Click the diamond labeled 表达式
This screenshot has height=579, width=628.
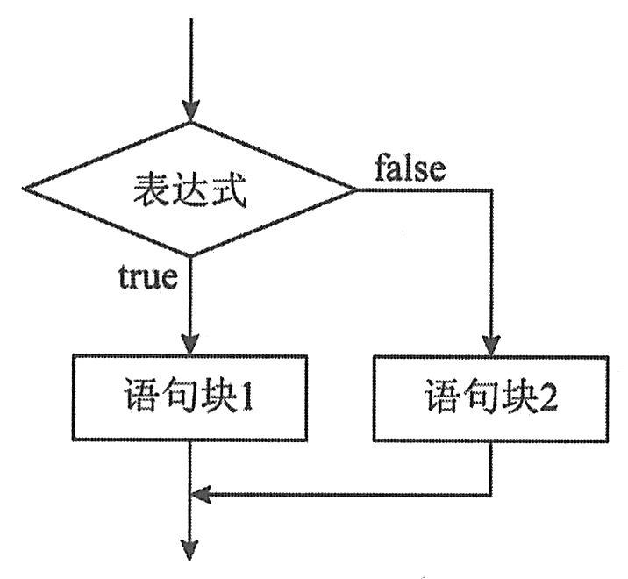pos(189,189)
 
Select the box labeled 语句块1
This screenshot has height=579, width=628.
pos(189,398)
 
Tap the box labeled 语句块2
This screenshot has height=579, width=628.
pos(489,398)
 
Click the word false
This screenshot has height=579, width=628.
pos(410,168)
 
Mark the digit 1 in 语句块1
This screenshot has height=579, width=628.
pos(247,399)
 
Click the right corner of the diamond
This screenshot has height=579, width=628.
pos(354,189)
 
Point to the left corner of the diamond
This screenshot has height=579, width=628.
pos(24,189)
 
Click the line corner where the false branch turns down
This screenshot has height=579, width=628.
pos(489,189)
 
